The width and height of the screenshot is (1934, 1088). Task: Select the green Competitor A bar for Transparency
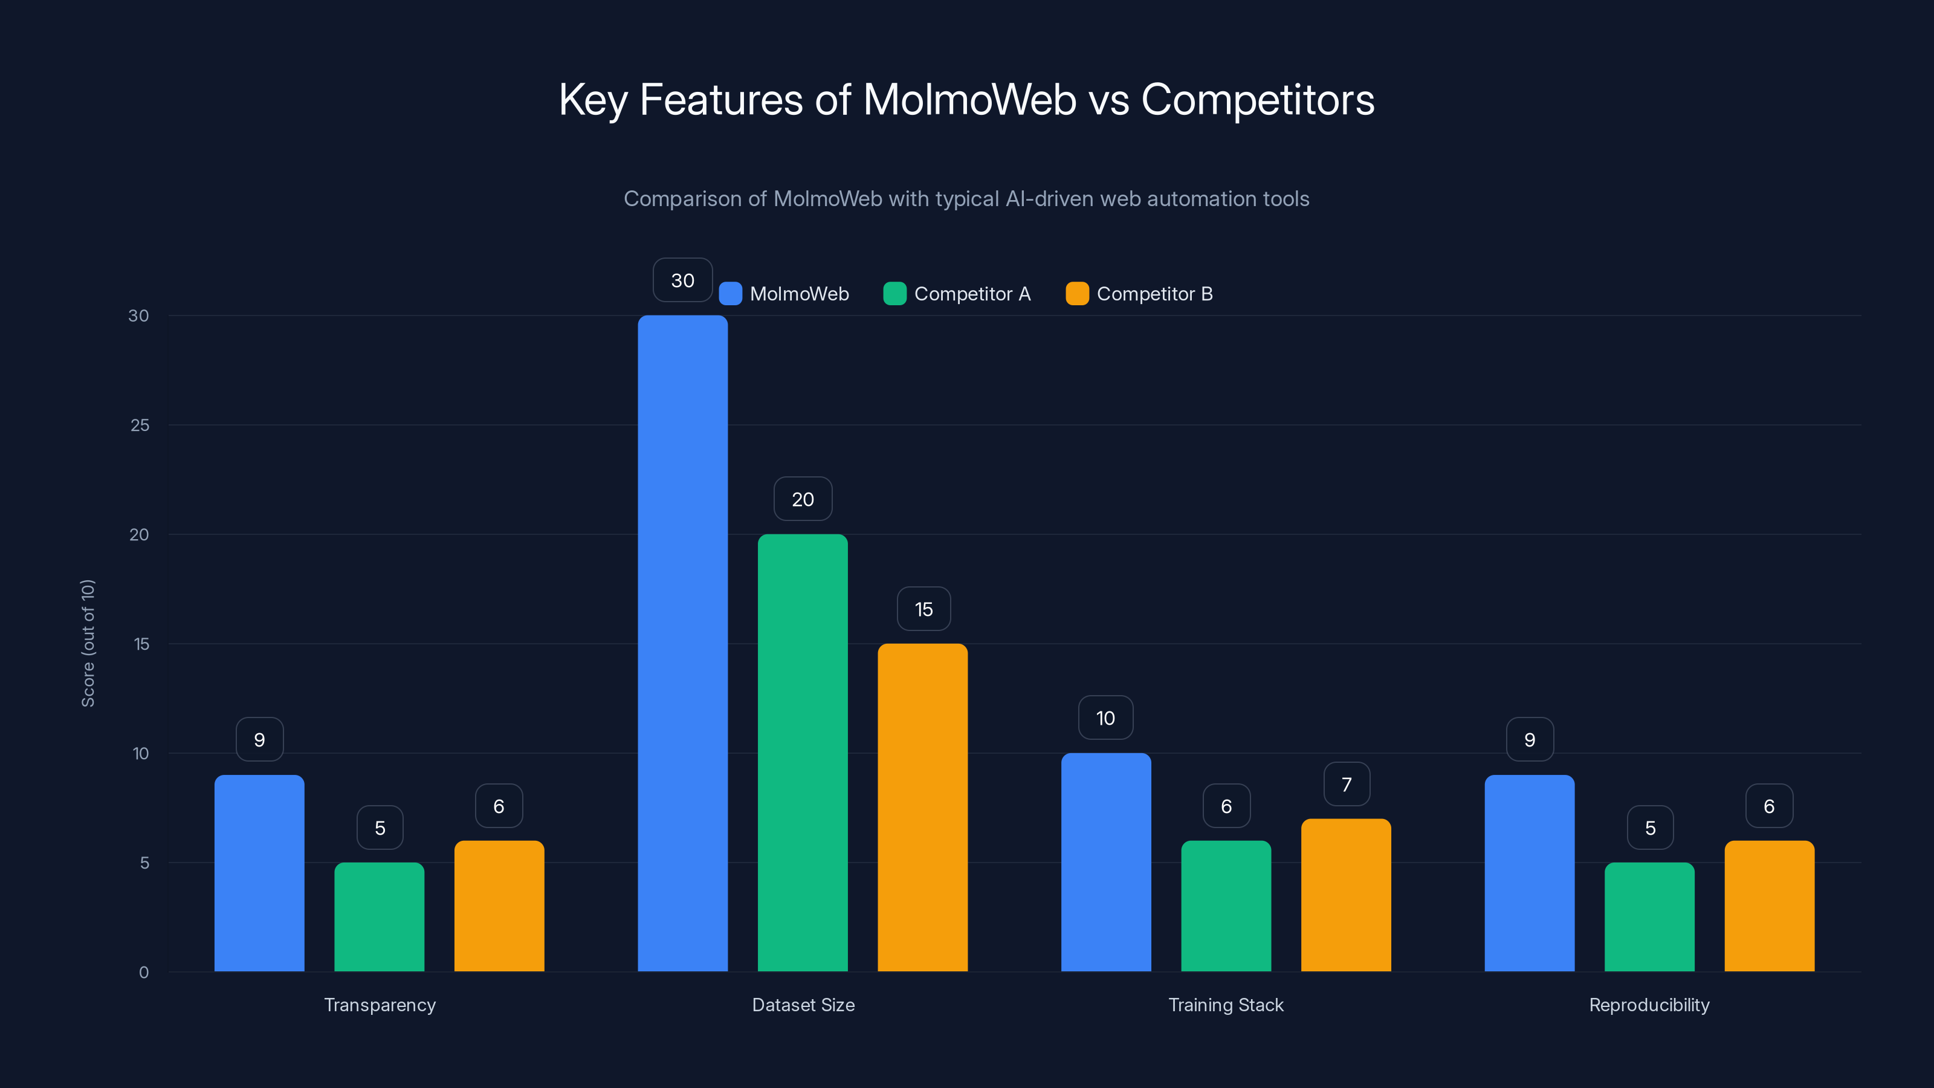pos(379,917)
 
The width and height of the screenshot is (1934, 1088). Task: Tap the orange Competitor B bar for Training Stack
pos(1345,895)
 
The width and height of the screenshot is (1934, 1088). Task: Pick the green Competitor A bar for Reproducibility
pos(1649,917)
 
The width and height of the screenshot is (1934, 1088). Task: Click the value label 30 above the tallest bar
pos(682,280)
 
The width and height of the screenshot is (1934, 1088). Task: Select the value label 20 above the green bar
pos(803,499)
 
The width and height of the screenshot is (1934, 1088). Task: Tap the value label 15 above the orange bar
pos(923,609)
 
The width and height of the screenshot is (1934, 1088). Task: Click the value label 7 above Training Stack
pos(1346,785)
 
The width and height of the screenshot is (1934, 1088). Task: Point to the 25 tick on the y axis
pos(140,425)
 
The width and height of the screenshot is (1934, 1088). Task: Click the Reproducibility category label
pos(1649,1005)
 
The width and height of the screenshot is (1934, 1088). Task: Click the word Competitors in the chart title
pos(1258,99)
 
